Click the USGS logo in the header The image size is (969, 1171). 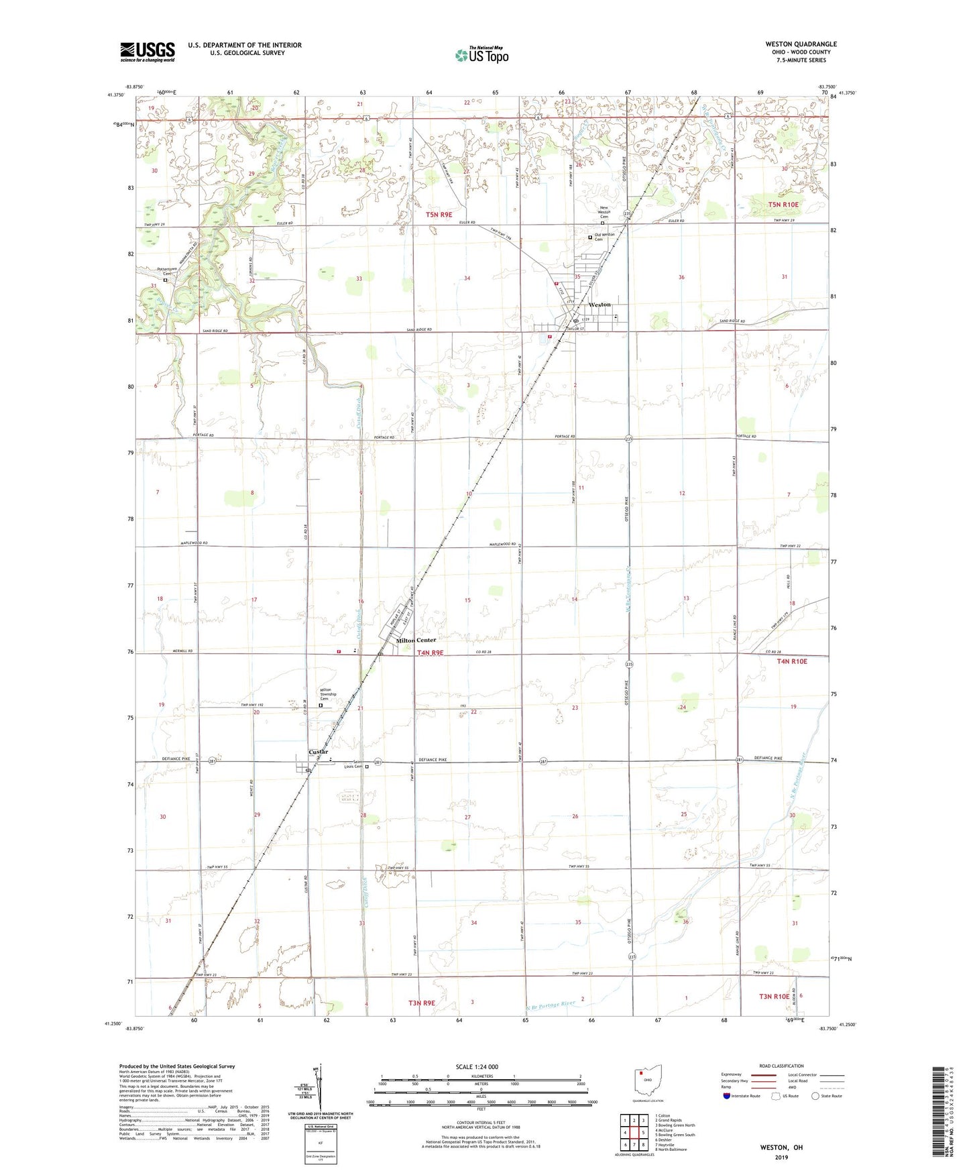pos(147,52)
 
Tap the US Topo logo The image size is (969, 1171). pos(481,55)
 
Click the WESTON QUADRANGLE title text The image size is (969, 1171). pos(801,44)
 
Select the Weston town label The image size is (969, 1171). pos(600,304)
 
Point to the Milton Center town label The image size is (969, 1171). pos(416,640)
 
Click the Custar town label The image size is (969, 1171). pos(318,752)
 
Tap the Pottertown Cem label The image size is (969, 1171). pos(165,271)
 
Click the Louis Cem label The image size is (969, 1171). pos(353,767)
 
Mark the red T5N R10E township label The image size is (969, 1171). pos(783,205)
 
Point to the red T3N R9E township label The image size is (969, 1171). pos(421,1003)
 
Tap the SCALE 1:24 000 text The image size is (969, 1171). pos(477,1066)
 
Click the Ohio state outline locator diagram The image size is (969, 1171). pos(647,1082)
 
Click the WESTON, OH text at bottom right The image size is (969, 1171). pos(781,1148)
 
